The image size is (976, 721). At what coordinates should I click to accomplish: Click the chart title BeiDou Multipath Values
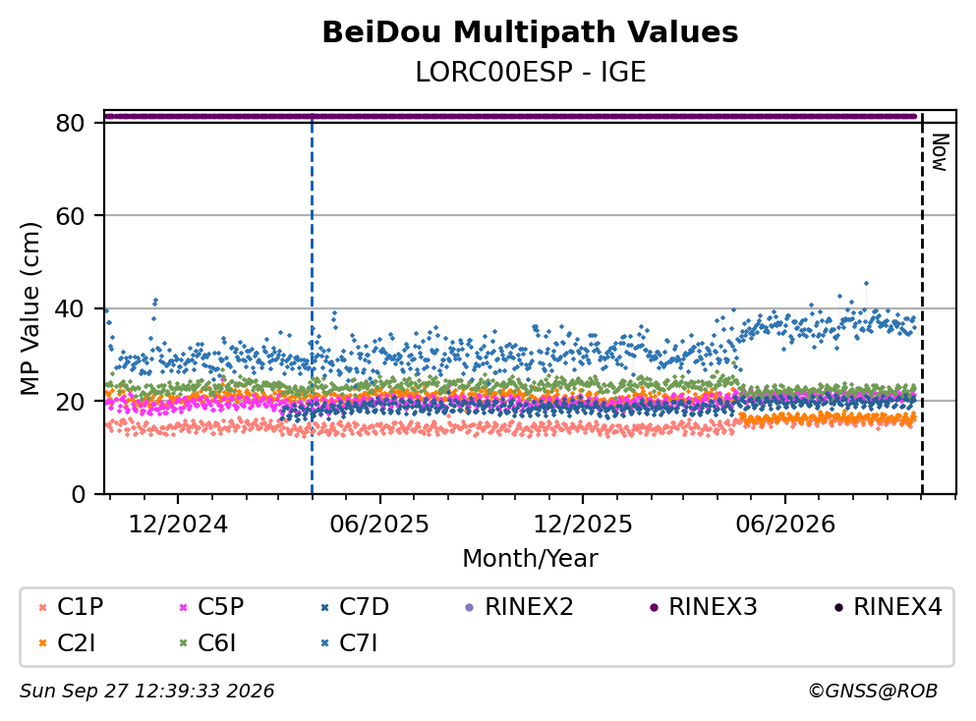[x=530, y=32]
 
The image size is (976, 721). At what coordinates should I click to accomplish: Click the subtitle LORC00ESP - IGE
[x=531, y=72]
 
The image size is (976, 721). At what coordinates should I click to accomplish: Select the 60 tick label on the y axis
[x=70, y=216]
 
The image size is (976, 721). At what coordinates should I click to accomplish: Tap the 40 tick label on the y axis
[x=70, y=308]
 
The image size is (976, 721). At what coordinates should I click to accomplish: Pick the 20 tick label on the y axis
[x=70, y=401]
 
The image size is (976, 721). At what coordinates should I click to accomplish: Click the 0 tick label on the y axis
[x=78, y=494]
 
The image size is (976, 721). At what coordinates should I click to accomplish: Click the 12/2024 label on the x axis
[x=178, y=525]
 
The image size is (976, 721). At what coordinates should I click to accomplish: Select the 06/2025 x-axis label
[x=379, y=525]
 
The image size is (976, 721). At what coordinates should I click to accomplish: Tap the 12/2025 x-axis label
[x=583, y=525]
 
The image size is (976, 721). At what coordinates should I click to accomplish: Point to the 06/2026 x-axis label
[x=785, y=525]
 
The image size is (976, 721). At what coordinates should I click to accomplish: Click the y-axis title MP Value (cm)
[x=29, y=308]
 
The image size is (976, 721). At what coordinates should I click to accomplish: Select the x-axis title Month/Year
[x=530, y=559]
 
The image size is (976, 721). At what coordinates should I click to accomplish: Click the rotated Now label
[x=940, y=152]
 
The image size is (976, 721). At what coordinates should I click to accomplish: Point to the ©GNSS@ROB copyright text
[x=873, y=691]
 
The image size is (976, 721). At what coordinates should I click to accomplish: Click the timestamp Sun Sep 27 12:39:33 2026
[x=146, y=691]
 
